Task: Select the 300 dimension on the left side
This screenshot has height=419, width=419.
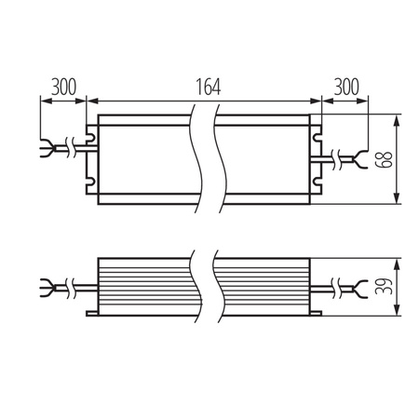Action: pyautogui.click(x=63, y=87)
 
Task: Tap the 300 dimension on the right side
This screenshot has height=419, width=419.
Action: pyautogui.click(x=346, y=87)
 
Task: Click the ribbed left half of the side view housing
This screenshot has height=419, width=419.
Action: pyautogui.click(x=144, y=284)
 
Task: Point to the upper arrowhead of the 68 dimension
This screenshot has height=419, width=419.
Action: pyautogui.click(x=399, y=120)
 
